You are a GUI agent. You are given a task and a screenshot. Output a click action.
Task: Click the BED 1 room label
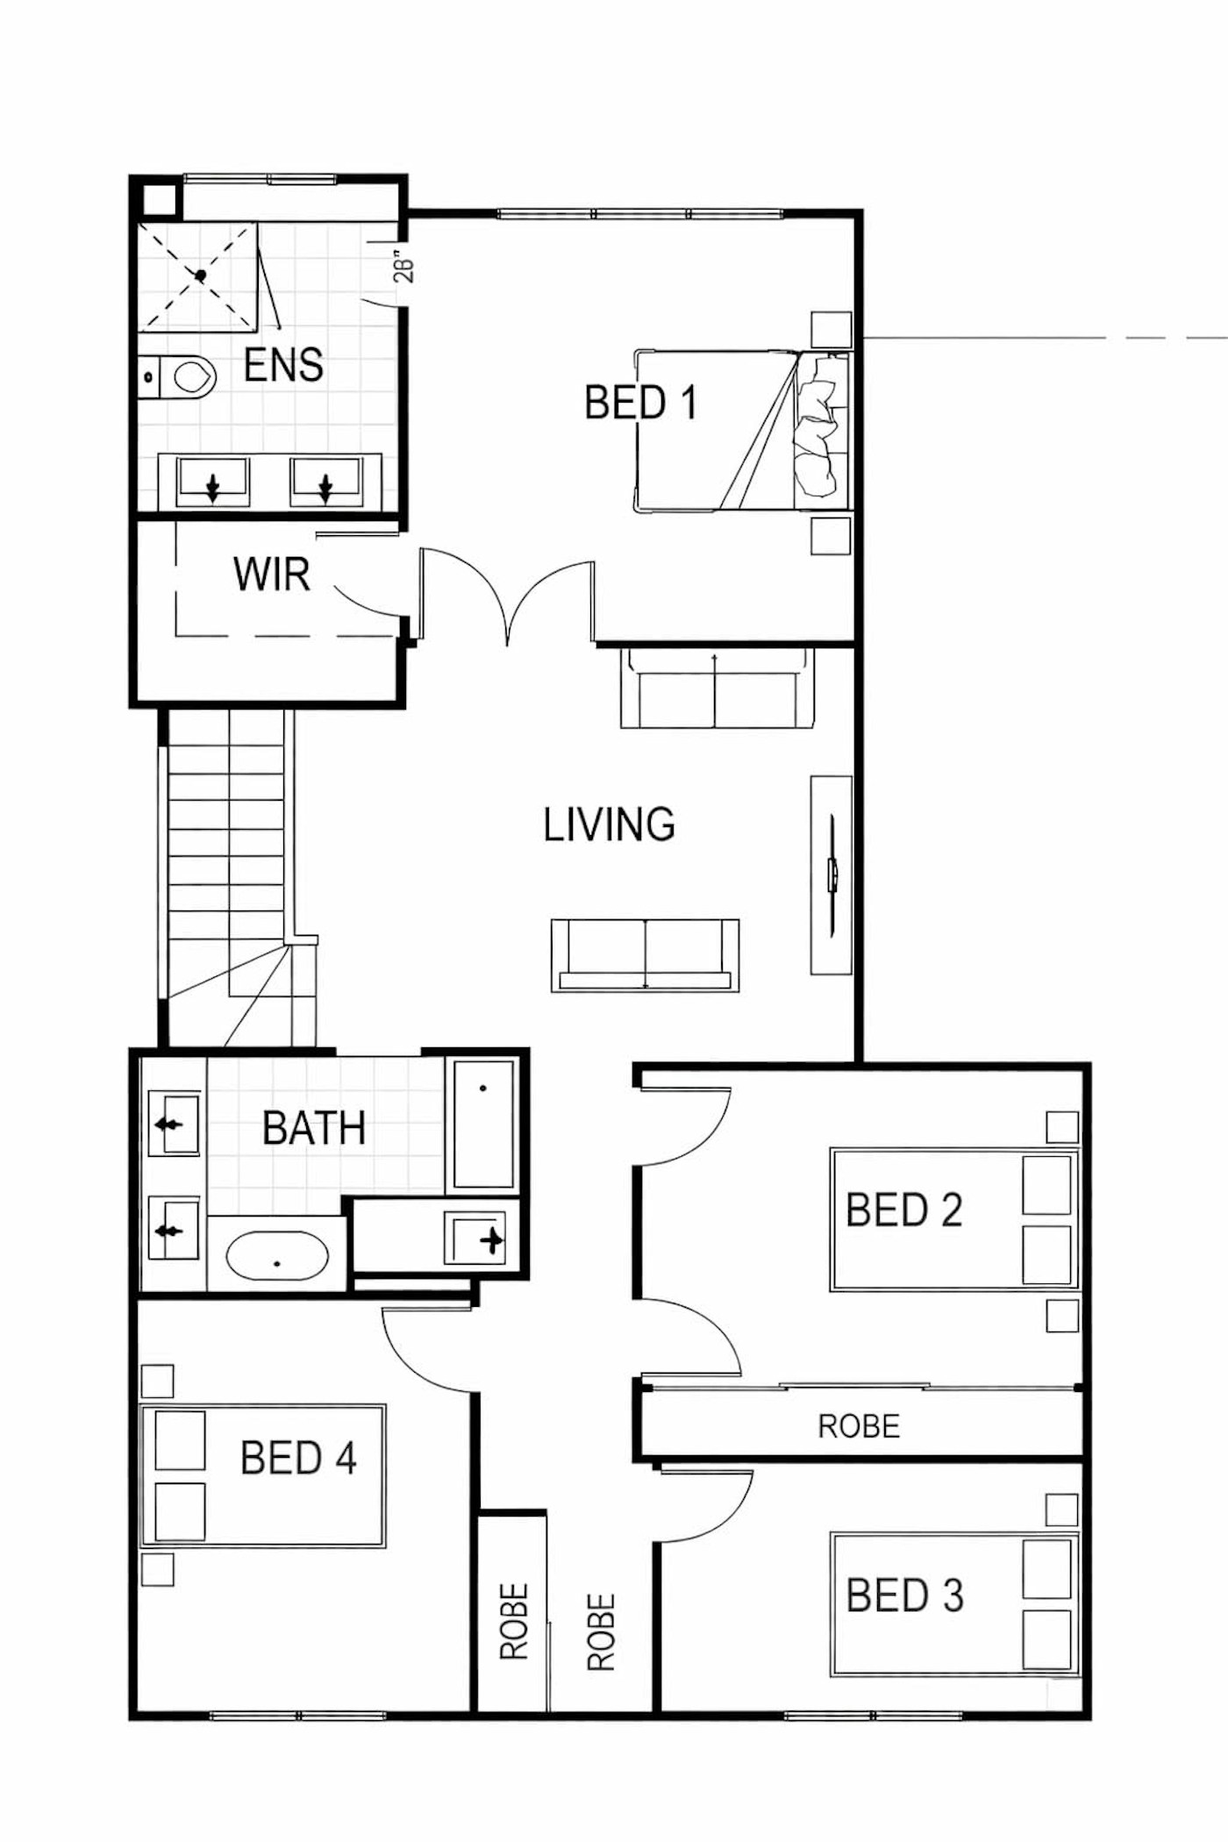[640, 403]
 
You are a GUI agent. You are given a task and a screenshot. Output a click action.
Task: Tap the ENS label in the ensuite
[283, 364]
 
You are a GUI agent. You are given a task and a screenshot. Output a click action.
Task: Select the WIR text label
[272, 575]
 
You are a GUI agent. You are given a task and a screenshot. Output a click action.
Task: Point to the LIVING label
[610, 825]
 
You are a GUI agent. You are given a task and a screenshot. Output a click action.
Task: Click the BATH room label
[314, 1128]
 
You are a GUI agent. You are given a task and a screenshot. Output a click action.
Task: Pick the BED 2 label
[904, 1210]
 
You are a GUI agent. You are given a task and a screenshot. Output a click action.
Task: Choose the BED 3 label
[905, 1595]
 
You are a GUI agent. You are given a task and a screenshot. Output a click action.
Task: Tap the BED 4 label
[298, 1458]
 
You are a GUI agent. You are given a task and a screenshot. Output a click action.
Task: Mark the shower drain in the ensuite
[200, 275]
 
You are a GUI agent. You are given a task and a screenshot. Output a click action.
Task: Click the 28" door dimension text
[403, 268]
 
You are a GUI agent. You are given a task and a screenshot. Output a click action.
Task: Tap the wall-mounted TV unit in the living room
[831, 875]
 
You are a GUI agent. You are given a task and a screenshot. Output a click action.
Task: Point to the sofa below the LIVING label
[645, 955]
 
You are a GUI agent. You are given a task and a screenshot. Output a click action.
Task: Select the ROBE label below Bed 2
[859, 1426]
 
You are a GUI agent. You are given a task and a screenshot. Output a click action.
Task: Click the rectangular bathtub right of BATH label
[483, 1124]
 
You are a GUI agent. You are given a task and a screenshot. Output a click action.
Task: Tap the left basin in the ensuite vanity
[212, 482]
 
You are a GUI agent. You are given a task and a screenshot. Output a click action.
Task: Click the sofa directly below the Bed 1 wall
[717, 688]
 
